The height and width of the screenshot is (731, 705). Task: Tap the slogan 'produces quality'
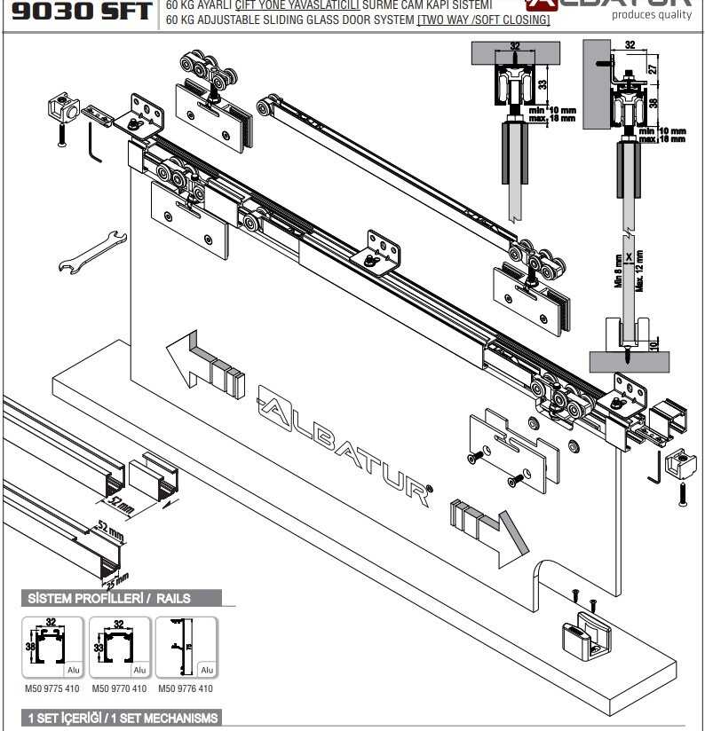tap(658, 14)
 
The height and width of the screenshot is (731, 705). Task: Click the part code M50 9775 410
tap(51, 688)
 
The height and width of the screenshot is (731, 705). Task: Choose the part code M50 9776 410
tap(186, 688)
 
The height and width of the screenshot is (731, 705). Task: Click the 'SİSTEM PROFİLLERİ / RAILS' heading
tap(109, 599)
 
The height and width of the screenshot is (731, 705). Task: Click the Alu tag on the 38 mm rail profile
tap(73, 671)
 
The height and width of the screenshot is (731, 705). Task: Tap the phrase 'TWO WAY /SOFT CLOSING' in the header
tap(483, 20)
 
